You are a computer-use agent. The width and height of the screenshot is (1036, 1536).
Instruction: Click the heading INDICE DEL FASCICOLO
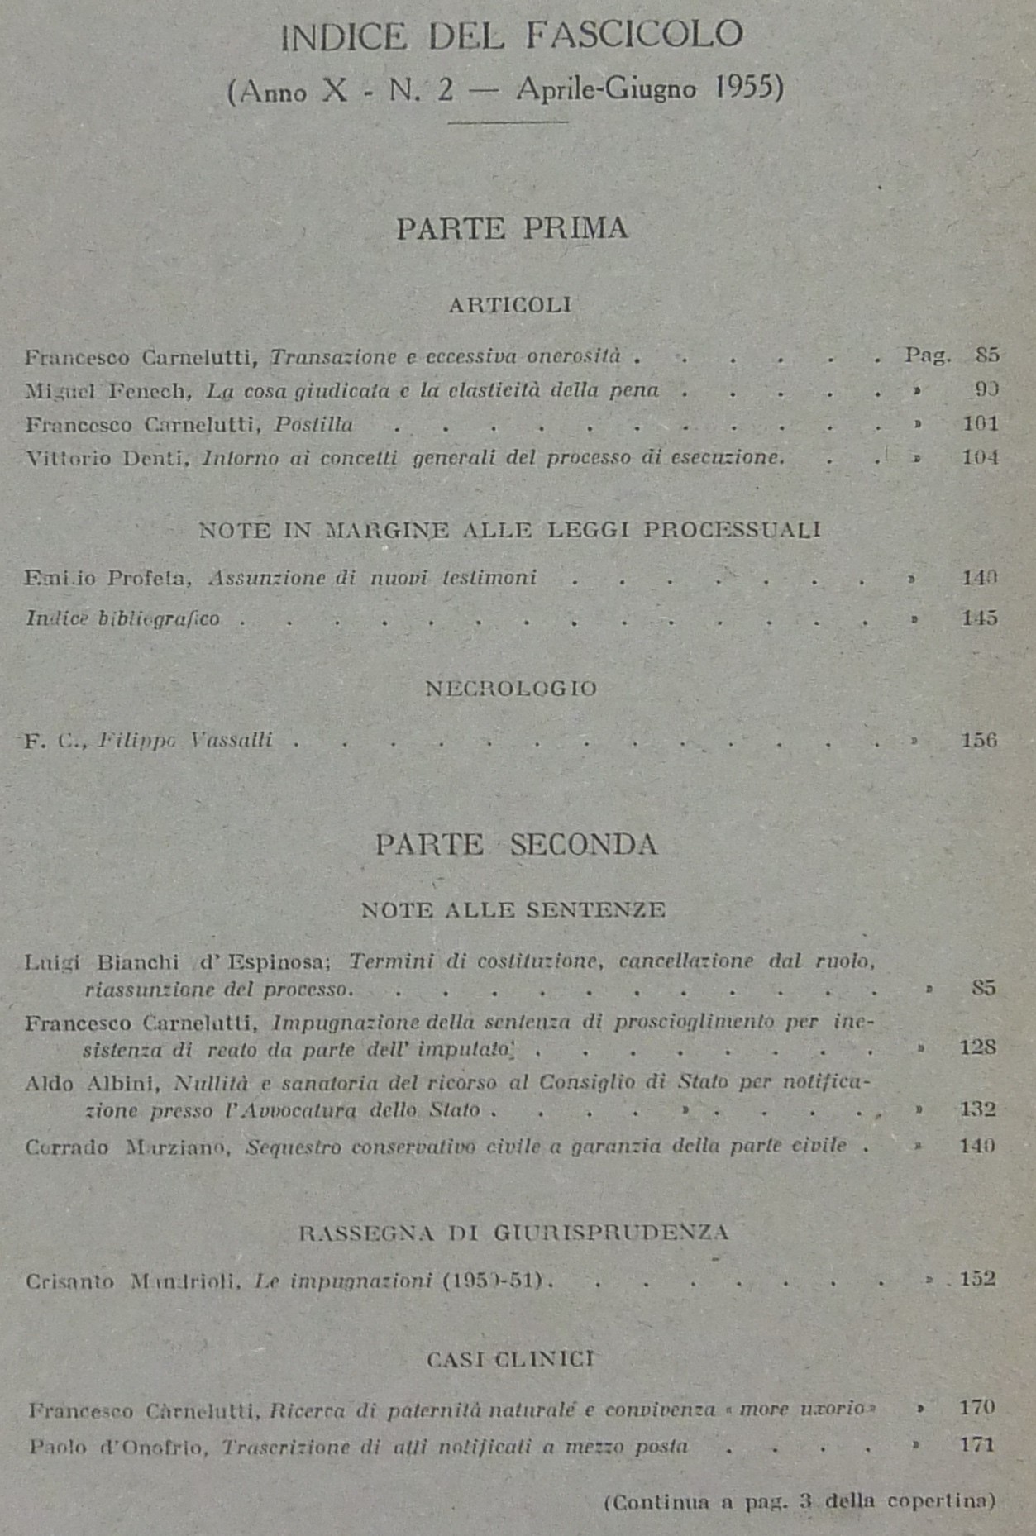coord(512,36)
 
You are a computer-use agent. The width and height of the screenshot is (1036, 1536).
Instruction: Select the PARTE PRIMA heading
coord(512,228)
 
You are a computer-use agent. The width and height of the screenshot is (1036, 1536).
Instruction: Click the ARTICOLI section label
coord(510,305)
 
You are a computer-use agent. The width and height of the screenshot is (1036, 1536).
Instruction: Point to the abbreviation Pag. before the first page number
coord(927,355)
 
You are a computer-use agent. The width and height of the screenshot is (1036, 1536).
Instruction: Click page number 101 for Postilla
coord(981,424)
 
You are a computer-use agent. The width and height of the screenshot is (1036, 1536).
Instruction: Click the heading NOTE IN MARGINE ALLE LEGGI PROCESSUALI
coord(509,530)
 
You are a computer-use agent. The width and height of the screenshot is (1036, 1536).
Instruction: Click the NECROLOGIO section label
coord(510,689)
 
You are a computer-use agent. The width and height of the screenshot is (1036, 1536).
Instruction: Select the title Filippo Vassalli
coord(185,740)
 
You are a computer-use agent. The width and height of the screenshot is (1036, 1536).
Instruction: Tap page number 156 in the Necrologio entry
coord(979,740)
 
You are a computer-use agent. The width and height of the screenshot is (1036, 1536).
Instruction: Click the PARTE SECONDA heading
coord(516,845)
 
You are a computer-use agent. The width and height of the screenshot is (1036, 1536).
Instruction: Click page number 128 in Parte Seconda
coord(977,1047)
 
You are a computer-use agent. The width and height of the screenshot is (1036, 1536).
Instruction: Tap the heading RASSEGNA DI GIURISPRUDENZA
coord(513,1233)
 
